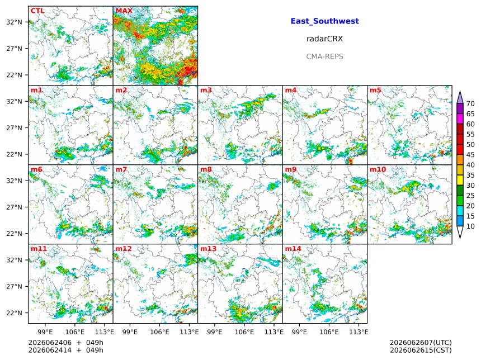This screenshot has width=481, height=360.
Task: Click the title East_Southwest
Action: click(324, 21)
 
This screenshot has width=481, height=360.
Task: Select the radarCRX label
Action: click(324, 39)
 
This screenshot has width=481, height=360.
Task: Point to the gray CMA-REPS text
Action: click(324, 56)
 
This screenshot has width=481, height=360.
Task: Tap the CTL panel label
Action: click(37, 11)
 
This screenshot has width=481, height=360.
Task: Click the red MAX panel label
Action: click(124, 11)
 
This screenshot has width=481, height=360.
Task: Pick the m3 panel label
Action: click(206, 90)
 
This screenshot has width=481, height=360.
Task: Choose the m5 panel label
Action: click(375, 90)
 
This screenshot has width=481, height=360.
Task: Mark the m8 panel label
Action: click(206, 169)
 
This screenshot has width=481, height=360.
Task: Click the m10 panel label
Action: click(378, 169)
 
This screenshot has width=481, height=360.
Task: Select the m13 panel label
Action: click(208, 248)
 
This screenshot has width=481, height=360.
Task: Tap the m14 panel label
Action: click(293, 248)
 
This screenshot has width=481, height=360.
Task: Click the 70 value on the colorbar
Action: click(470, 104)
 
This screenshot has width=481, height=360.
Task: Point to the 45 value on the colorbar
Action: click(470, 155)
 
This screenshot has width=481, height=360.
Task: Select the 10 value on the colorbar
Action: click(470, 226)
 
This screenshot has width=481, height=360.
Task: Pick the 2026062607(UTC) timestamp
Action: click(421, 343)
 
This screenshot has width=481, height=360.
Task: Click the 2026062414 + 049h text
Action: click(65, 350)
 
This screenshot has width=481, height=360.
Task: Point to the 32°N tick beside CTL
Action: click(14, 22)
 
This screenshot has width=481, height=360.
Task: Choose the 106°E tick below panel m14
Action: click(329, 332)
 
